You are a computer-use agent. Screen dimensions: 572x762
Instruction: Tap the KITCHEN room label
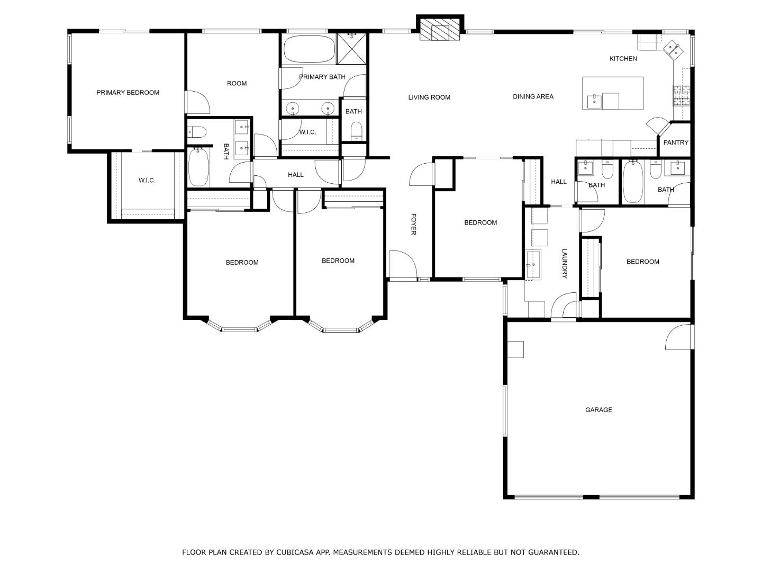tap(623, 59)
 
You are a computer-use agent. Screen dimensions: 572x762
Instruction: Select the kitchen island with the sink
tap(613, 93)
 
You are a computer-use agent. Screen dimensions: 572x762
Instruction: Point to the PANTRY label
tap(676, 142)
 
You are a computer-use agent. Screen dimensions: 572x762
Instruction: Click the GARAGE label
tap(598, 410)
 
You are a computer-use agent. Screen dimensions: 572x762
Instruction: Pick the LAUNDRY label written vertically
tap(564, 264)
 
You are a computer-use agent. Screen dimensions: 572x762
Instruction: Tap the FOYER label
tap(413, 224)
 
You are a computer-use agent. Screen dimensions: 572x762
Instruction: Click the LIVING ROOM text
tap(429, 97)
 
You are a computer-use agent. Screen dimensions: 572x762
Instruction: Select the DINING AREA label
tap(533, 97)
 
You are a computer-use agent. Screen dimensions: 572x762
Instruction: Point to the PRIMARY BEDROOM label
tap(128, 93)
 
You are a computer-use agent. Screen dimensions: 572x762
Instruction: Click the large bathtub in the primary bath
tap(309, 49)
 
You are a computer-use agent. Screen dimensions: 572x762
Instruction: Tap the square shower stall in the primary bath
tap(352, 48)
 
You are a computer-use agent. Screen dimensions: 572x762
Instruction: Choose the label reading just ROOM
tap(237, 84)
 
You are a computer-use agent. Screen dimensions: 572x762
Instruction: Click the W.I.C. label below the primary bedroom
tap(147, 181)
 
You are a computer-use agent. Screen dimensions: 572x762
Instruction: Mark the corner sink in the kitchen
tap(674, 49)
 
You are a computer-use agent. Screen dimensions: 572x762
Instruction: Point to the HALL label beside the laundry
tap(558, 182)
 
